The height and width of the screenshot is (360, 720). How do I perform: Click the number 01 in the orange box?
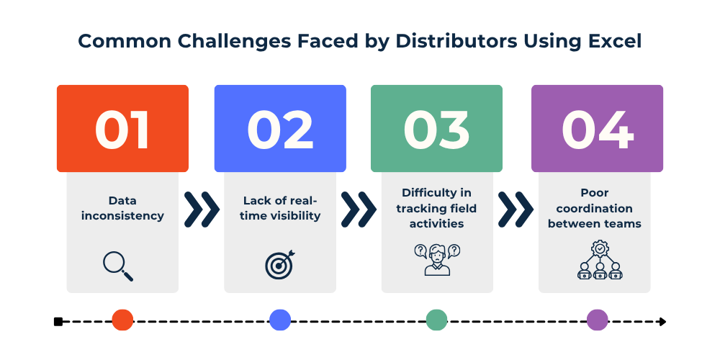122,130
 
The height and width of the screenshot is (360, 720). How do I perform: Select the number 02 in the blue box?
280,130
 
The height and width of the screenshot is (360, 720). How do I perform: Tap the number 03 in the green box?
436,130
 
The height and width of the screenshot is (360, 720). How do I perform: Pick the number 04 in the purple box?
597,130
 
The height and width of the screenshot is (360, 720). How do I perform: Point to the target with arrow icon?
279,264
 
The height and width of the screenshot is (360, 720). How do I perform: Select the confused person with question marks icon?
437,260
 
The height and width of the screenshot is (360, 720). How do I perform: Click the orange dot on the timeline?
122,320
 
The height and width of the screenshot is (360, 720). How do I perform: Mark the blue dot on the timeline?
279,320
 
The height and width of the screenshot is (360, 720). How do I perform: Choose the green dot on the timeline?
436,320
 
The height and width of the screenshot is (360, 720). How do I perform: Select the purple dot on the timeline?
597,320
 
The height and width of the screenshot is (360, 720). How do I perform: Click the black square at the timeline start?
58,321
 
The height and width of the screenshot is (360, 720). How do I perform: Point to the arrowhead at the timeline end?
662,321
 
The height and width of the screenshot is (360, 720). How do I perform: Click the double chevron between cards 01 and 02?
202,209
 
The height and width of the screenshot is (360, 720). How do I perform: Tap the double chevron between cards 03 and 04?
516,209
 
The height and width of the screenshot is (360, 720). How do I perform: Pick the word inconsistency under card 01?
122,215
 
